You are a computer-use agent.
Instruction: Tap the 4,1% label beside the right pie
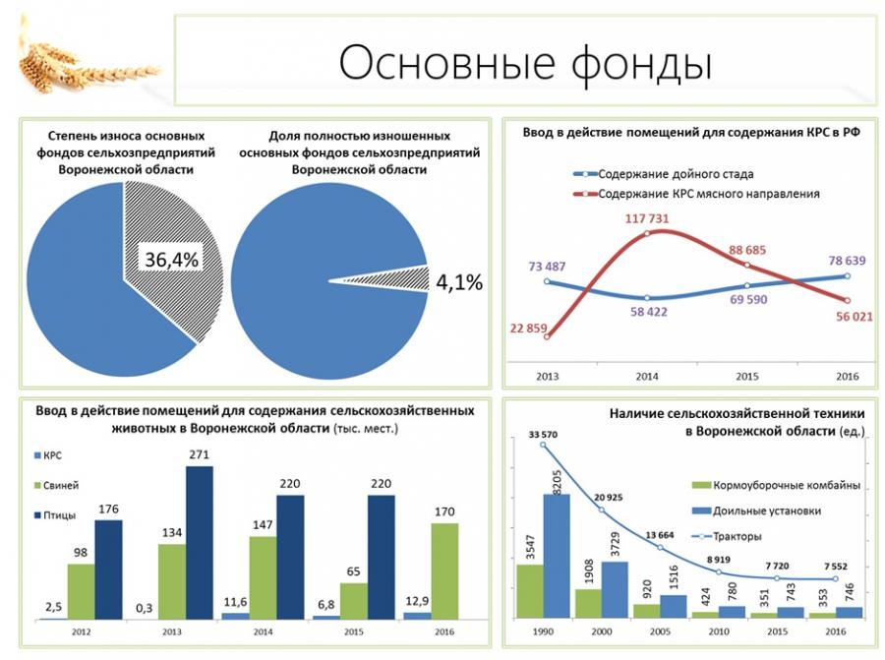click(x=458, y=283)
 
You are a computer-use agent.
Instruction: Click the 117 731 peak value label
click(x=645, y=218)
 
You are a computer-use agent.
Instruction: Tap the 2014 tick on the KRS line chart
click(x=647, y=377)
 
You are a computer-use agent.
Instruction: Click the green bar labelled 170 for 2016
click(x=444, y=570)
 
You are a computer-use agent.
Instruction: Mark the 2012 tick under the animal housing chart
click(x=81, y=631)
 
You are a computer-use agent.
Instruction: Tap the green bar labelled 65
click(x=353, y=600)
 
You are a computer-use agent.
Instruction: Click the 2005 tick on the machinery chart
click(x=661, y=631)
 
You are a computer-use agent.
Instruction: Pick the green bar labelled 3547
click(x=529, y=590)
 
